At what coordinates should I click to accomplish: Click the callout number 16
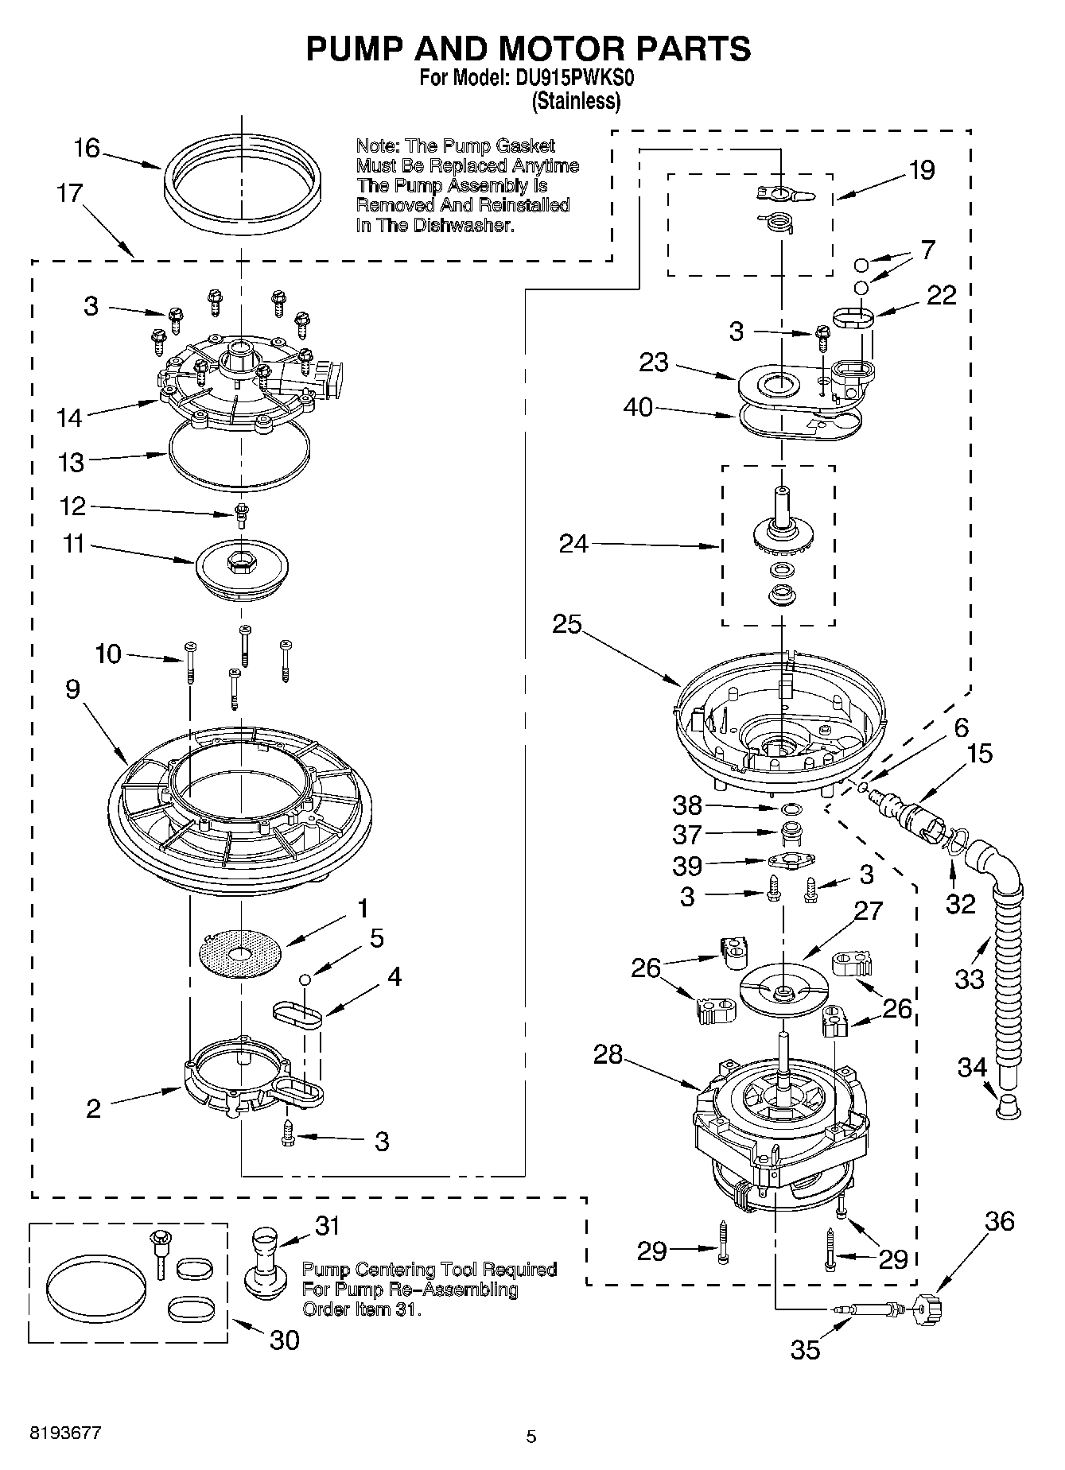coord(87,149)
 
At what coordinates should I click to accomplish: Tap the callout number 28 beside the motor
coord(609,1055)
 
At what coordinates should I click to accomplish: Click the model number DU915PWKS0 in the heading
coord(574,79)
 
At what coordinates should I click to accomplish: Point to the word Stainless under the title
coord(576,101)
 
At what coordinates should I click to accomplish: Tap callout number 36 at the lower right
coord(1000,1221)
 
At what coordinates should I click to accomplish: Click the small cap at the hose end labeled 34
coord(1009,1106)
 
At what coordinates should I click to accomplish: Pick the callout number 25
coord(568,624)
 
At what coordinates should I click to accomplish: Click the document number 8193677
coord(65,1433)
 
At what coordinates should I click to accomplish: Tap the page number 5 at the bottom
coord(532,1437)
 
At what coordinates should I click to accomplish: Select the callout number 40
coord(638,408)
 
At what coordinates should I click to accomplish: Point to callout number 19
coord(922,170)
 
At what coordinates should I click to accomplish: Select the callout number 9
coord(73,689)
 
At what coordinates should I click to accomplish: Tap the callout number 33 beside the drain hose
coord(970,979)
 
